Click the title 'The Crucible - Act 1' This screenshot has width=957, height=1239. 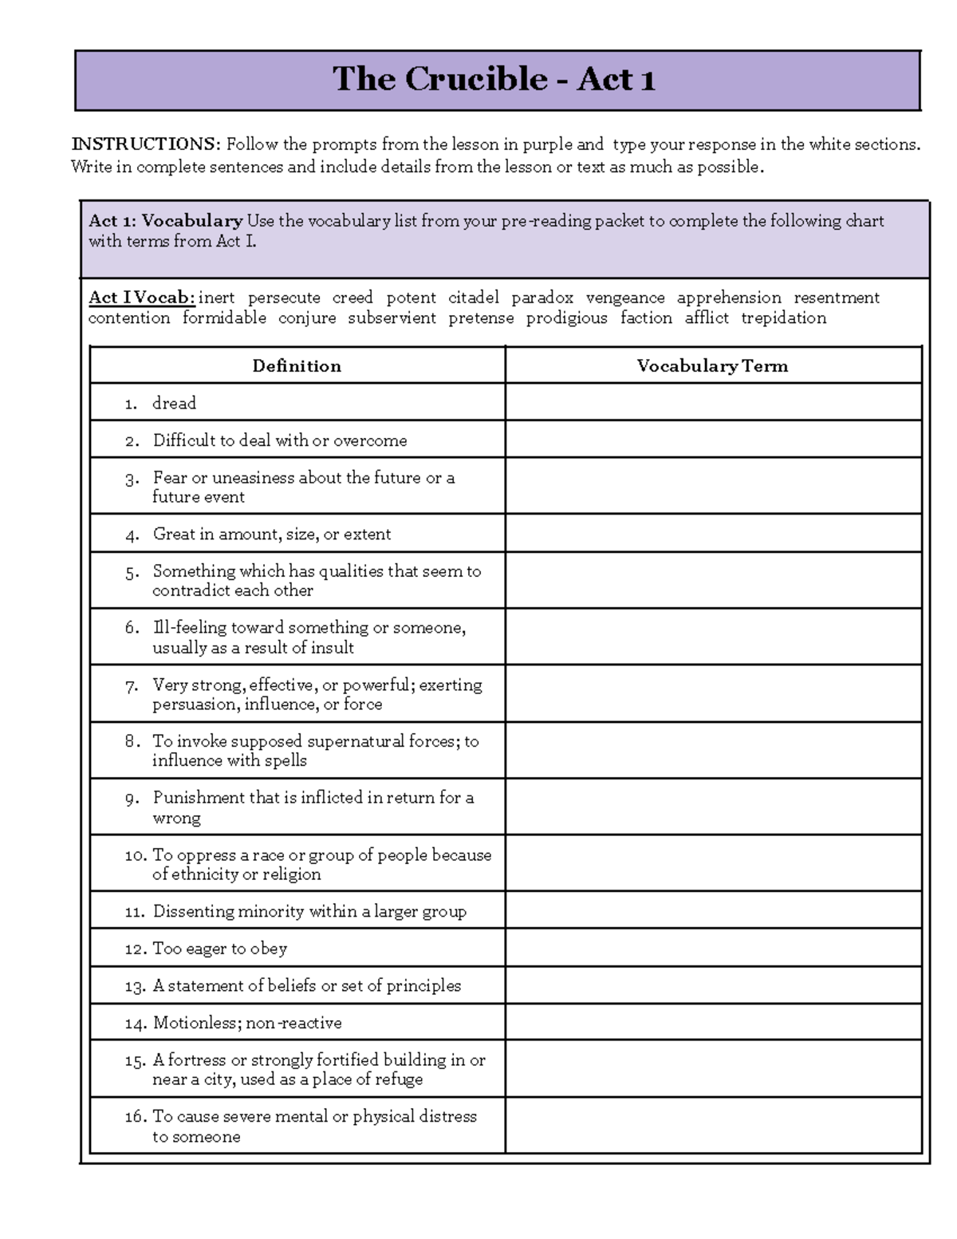point(494,79)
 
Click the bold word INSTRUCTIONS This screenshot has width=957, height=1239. point(144,144)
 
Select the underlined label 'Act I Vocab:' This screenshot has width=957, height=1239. point(141,298)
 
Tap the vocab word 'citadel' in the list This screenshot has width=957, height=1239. point(474,298)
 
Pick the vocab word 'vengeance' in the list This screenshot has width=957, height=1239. point(625,298)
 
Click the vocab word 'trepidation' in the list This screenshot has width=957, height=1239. point(783,318)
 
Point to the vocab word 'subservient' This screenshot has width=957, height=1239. point(392,318)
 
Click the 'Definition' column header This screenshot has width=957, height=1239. point(297,366)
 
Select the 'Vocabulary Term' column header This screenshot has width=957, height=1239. point(712,366)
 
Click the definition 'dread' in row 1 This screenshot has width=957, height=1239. point(174,404)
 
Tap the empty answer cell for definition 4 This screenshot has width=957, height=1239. point(712,534)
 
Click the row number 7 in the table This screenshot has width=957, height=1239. point(132,686)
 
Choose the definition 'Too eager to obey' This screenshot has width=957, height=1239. point(219,949)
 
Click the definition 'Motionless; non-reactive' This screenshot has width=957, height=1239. point(247,1023)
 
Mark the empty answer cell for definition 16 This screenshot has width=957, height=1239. point(712,1125)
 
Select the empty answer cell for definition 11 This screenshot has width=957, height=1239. point(712,911)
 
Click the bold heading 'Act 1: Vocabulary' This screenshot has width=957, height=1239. point(165,221)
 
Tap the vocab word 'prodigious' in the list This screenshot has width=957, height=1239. point(566,318)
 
